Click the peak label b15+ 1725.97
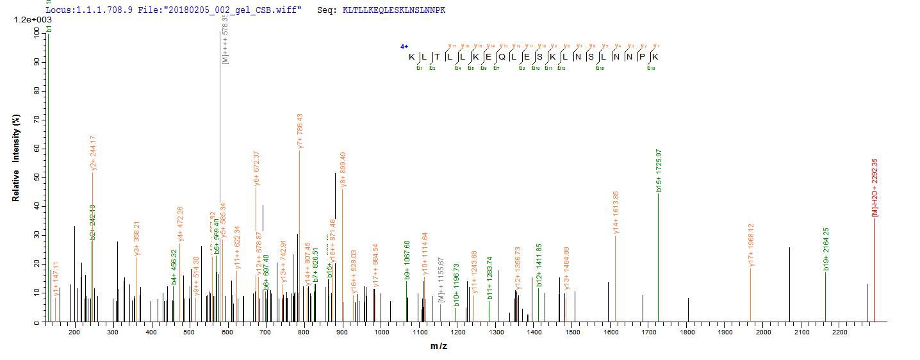[x=659, y=170]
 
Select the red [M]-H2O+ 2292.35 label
[x=875, y=187]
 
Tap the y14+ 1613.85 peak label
[x=616, y=212]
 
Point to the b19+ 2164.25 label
[x=826, y=249]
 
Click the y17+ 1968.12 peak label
[x=752, y=245]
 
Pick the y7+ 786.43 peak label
[x=300, y=131]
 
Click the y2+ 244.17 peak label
[x=94, y=153]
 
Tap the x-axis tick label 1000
[x=381, y=332]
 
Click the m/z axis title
[x=439, y=347]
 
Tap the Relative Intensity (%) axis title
[x=15, y=158]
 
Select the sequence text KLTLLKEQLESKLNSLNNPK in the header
[x=394, y=10]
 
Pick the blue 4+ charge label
[x=404, y=47]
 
